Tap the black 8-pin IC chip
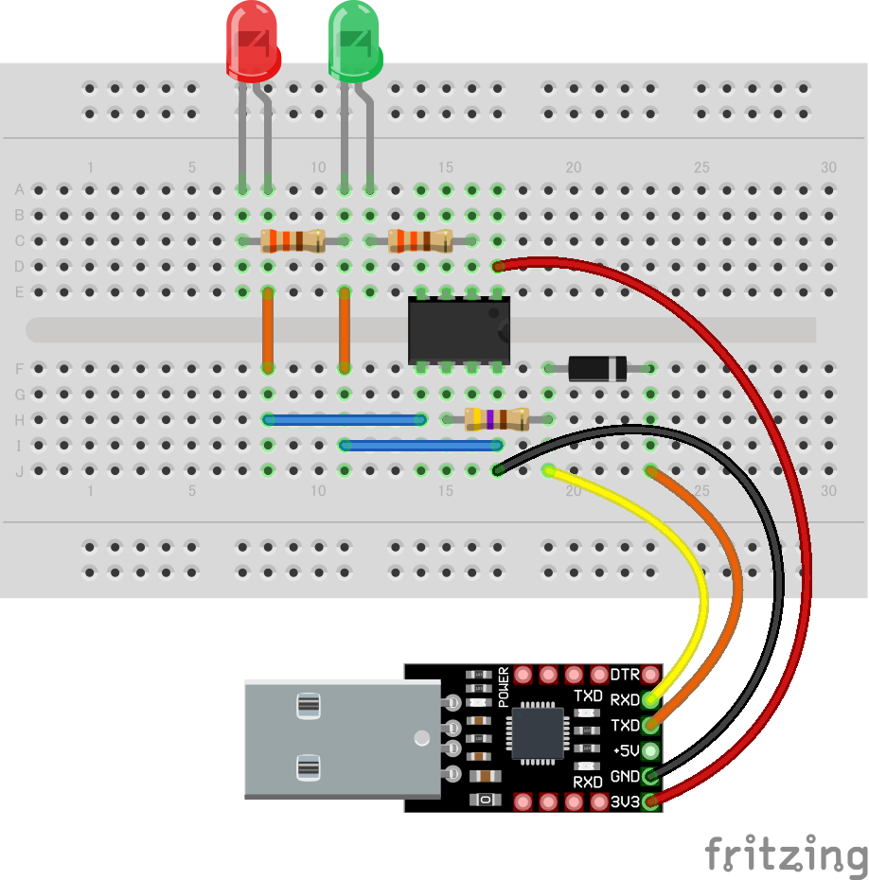pyautogui.click(x=458, y=330)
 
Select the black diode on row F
pyautogui.click(x=597, y=368)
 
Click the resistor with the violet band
pyautogui.click(x=497, y=419)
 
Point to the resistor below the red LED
pyautogui.click(x=293, y=240)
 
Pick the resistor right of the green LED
pyautogui.click(x=420, y=240)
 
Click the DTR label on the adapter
pyautogui.click(x=625, y=675)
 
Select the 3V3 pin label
pyautogui.click(x=625, y=802)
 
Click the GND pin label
pyautogui.click(x=625, y=777)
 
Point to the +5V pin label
pyautogui.click(x=625, y=751)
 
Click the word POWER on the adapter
pyautogui.click(x=503, y=688)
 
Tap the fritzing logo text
pyautogui.click(x=786, y=853)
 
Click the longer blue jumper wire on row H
pyautogui.click(x=345, y=419)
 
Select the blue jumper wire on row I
pyautogui.click(x=421, y=445)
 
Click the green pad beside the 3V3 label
pyautogui.click(x=650, y=802)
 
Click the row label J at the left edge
pyautogui.click(x=19, y=470)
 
